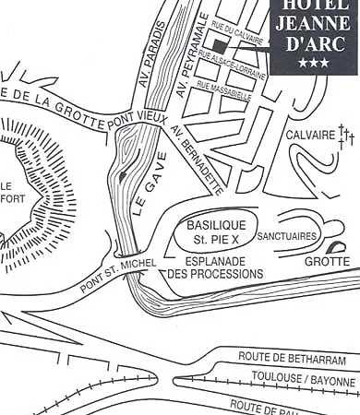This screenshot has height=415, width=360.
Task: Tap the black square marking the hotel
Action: click(219, 44)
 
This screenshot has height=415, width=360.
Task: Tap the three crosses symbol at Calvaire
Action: click(345, 138)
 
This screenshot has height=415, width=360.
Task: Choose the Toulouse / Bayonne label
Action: click(304, 380)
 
